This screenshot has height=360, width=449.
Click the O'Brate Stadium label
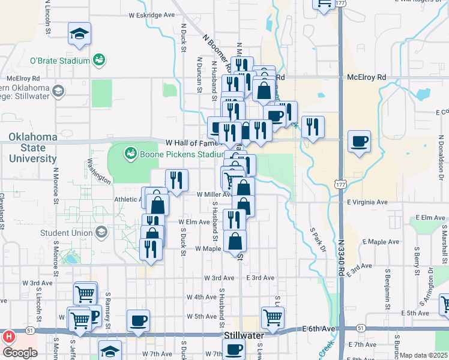(60, 61)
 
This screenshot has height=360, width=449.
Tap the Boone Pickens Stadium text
(173, 154)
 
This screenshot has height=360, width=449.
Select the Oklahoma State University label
(33, 148)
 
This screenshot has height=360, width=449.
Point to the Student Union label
(66, 233)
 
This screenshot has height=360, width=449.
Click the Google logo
(20, 353)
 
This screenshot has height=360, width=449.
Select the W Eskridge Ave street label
(152, 14)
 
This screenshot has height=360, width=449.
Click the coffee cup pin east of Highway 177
(359, 142)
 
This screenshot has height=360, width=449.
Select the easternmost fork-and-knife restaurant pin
(313, 127)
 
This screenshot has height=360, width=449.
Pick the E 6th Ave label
(318, 329)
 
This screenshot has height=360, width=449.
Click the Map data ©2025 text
(423, 355)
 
